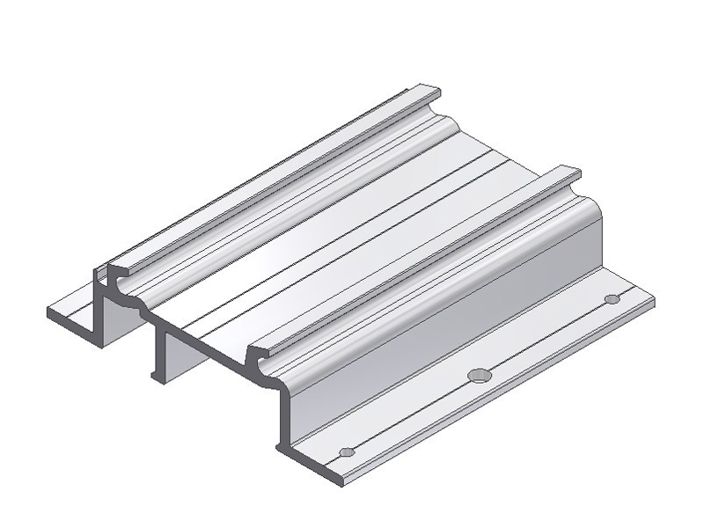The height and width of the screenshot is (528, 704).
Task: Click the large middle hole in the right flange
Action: (x=478, y=375)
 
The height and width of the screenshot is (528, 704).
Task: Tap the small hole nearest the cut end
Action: (x=346, y=452)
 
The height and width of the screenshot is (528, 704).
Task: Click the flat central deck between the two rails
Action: (x=352, y=246)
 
